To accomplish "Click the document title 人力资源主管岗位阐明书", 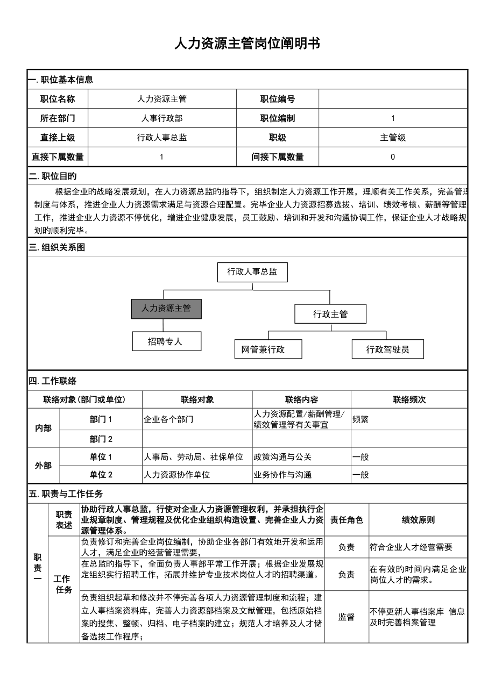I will coord(247,44).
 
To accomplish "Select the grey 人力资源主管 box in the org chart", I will coord(166,309).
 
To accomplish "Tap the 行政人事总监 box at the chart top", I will coord(252,272).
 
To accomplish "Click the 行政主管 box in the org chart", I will coord(330,314).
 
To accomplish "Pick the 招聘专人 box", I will coord(167,341).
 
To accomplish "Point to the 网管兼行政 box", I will coord(268,349).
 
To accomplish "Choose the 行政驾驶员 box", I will coord(387,349).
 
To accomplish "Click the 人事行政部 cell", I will coord(161,118).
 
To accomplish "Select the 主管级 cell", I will coord(393,138).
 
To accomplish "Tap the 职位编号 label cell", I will coord(278,99).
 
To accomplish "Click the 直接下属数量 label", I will coord(58,157).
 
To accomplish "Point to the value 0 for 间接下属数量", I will coord(393,157).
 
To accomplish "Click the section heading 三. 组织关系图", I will coord(57,248).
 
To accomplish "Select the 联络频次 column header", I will coord(409,399).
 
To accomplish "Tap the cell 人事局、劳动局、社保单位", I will coord(194,457).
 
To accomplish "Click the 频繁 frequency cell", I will coord(360,419).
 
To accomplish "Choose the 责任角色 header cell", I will coord(346,520).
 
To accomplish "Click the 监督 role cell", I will coord(346,617).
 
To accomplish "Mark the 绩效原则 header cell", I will coord(418,520).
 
